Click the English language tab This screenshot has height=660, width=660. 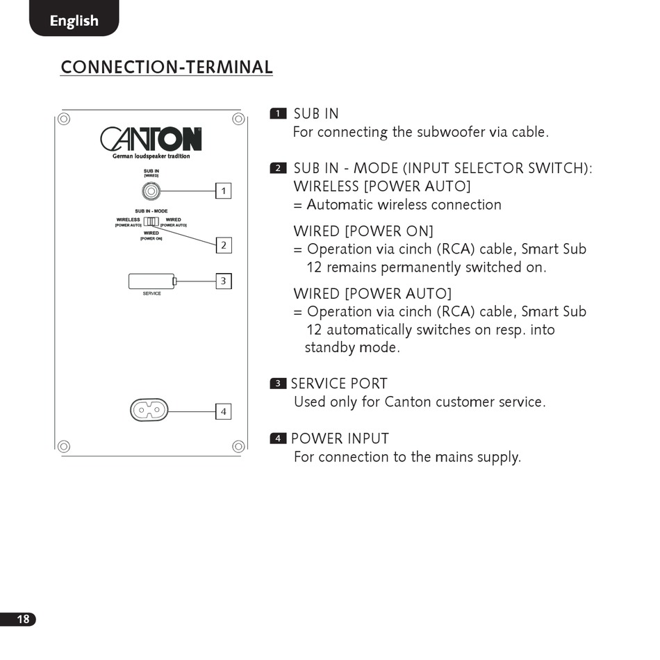coord(74,20)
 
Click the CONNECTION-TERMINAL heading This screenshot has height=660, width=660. coord(166,67)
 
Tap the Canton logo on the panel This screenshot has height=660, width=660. coord(151,140)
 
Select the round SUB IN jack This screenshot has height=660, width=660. coord(151,190)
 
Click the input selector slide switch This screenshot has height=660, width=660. coord(151,222)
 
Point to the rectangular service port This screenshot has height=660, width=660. coord(152,281)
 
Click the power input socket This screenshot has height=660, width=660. coord(149,411)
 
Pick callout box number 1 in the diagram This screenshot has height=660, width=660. coord(223,190)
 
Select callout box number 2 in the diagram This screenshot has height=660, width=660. coord(223,245)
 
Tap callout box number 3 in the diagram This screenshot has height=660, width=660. coord(223,281)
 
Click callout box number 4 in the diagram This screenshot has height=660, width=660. coord(223,411)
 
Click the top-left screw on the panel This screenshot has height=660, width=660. coord(64,119)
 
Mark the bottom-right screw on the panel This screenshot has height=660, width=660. coord(238,446)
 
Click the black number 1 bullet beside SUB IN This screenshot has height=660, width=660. coord(278,114)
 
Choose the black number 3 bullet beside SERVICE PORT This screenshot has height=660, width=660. coord(278,383)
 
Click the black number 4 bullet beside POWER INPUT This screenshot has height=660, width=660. coord(278,438)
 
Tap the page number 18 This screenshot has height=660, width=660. coord(23,619)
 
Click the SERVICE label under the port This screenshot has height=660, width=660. coord(151,294)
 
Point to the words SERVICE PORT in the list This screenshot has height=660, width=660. coord(339,383)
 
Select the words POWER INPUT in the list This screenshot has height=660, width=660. coord(340,438)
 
